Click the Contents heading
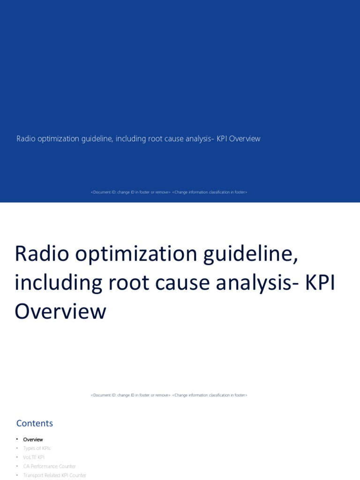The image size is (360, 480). click(35, 423)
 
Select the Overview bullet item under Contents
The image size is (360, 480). click(33, 440)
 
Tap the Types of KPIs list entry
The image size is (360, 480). click(37, 449)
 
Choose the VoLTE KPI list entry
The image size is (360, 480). click(34, 457)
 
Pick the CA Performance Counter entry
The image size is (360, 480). click(49, 466)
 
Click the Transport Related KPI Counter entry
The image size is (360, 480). click(54, 475)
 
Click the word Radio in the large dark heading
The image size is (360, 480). click(41, 254)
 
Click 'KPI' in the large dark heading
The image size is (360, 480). click(321, 283)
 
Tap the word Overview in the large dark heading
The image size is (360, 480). click(60, 312)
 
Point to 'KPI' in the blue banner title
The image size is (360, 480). click(221, 139)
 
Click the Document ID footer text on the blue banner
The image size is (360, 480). click(169, 192)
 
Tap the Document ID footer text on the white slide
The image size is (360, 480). click(169, 395)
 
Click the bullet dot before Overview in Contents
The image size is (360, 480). click(17, 440)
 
